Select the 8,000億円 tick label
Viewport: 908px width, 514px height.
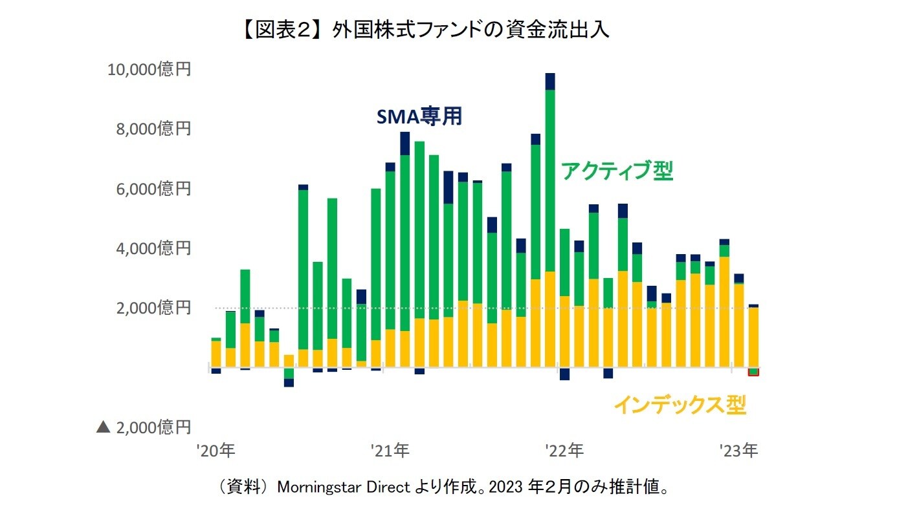[x=153, y=129]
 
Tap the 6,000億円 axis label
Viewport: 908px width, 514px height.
[x=153, y=189]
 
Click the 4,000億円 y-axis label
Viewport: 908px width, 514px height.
[x=153, y=248]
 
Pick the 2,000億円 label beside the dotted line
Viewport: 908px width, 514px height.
[x=153, y=308]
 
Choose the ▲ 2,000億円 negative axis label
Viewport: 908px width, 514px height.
[x=144, y=427]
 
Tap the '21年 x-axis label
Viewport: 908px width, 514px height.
[x=391, y=451]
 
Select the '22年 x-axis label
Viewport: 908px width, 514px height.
[x=565, y=451]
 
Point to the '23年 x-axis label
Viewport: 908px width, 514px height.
[x=740, y=451]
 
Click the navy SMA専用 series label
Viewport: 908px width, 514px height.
[x=419, y=116]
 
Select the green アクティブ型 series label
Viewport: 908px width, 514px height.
[x=617, y=171]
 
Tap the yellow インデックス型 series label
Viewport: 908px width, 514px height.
[x=680, y=405]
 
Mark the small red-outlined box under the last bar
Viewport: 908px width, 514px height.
[x=753, y=372]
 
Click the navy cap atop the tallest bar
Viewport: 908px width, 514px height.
[x=550, y=81]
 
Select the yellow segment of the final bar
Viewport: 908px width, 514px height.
[x=753, y=337]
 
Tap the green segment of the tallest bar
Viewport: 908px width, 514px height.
[x=550, y=181]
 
